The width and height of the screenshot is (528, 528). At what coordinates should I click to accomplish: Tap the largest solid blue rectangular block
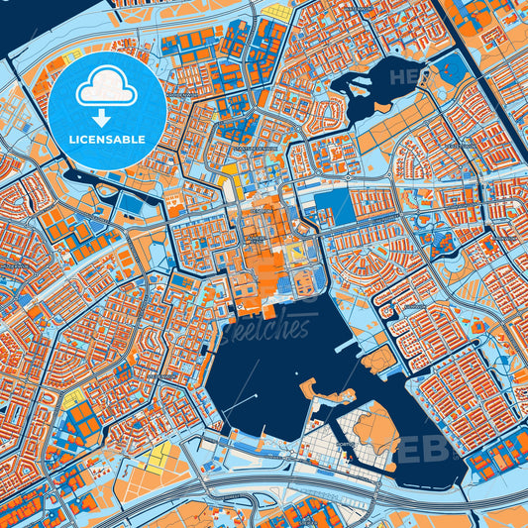pos(331,205)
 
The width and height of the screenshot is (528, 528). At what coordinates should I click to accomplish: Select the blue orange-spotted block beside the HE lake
pos(451,70)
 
